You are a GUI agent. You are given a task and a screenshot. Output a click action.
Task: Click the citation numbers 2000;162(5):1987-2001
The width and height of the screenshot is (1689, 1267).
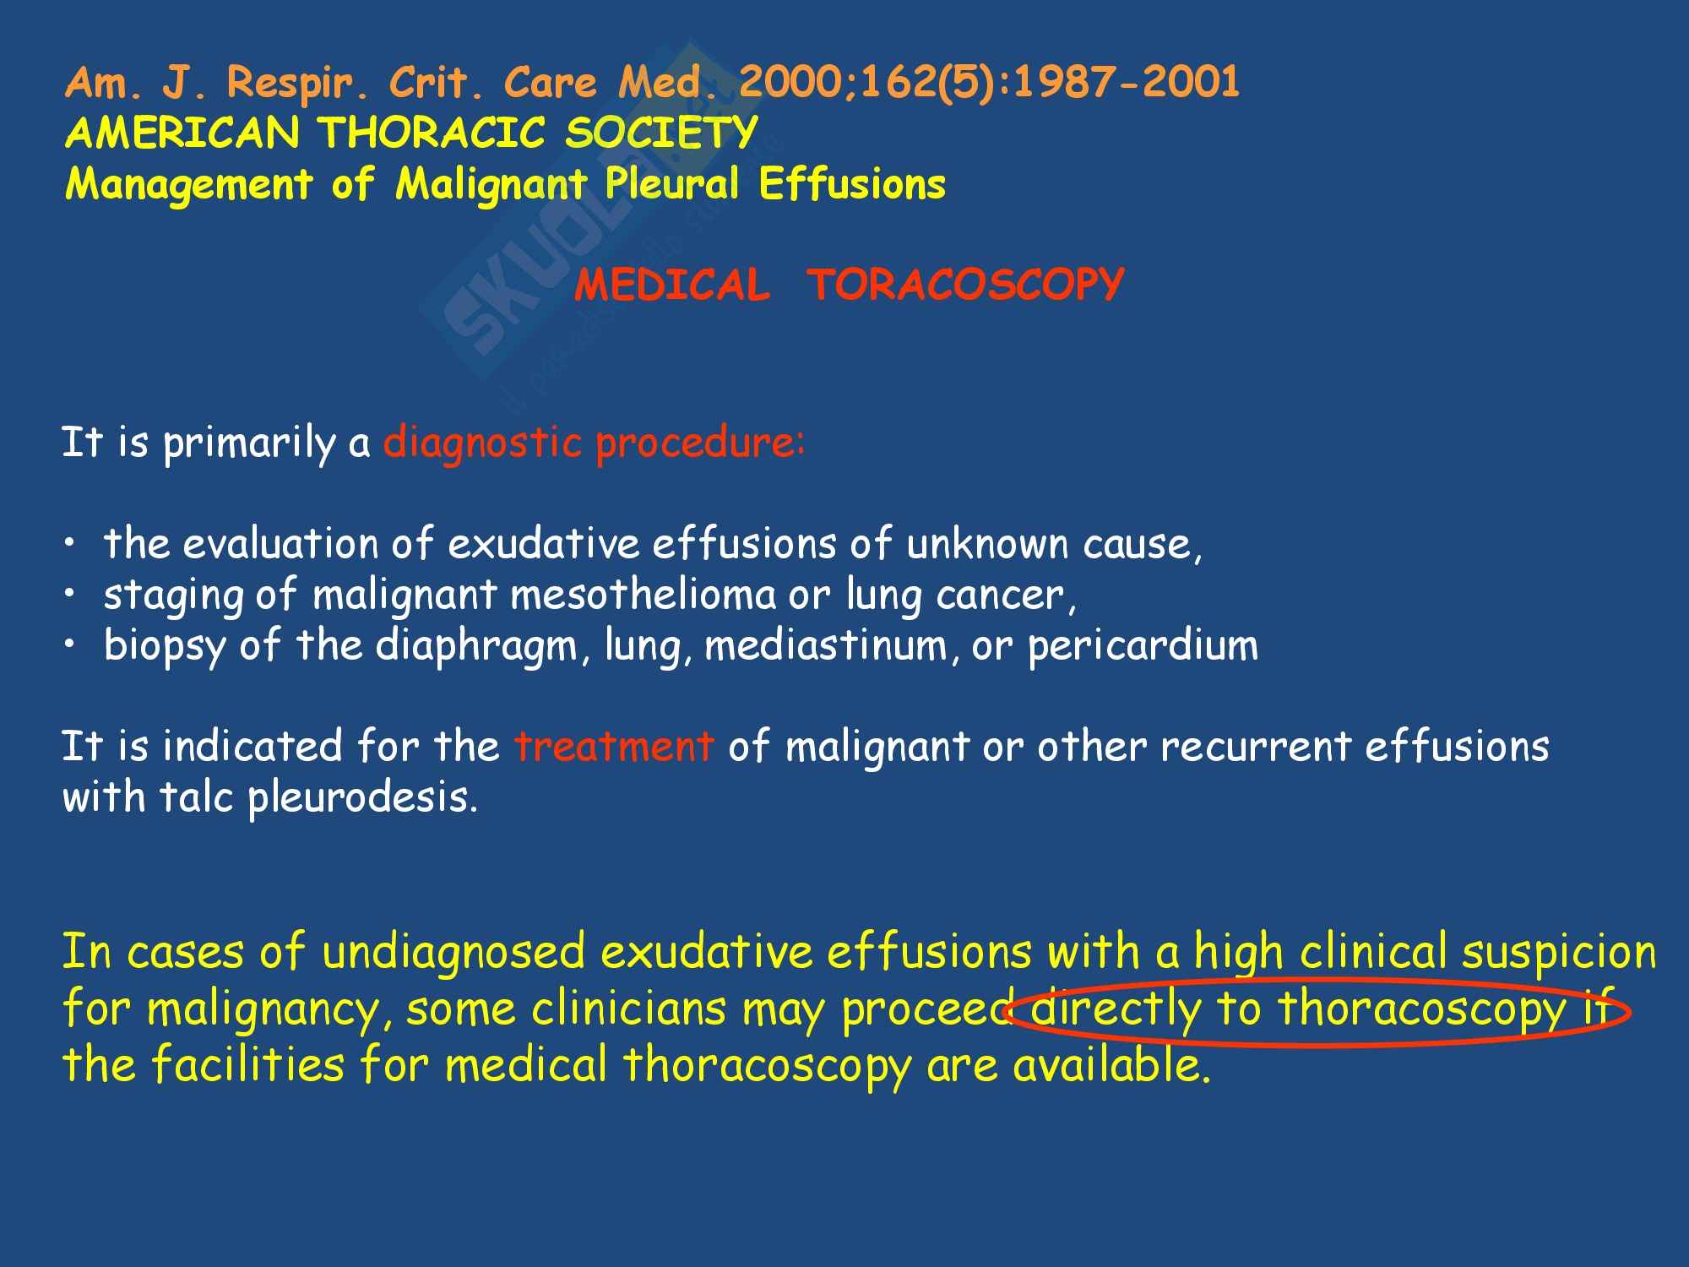pos(989,83)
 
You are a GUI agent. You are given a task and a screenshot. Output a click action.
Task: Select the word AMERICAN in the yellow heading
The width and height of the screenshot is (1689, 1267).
pos(182,133)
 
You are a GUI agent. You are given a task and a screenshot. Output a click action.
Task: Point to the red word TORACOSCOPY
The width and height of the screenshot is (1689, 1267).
pos(965,284)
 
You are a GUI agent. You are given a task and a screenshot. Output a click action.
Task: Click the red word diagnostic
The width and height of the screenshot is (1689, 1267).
pos(482,443)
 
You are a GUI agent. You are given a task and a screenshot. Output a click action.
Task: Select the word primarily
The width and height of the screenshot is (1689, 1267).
pos(249,443)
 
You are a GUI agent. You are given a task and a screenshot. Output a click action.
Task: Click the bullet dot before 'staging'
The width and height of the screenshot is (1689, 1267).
pos(71,595)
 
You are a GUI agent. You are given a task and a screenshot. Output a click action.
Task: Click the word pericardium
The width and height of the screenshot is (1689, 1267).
pos(1142,646)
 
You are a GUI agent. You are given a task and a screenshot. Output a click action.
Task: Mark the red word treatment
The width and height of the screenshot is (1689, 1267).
pos(614,747)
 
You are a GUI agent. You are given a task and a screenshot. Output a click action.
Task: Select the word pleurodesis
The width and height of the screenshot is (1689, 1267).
pos(363,798)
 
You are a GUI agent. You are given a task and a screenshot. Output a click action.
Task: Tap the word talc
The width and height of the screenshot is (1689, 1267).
pos(196,797)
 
